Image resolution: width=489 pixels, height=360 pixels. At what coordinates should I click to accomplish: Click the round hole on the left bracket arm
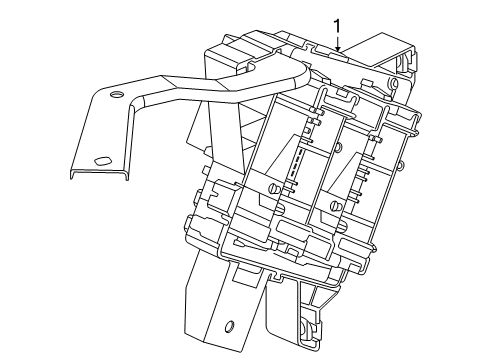pos(115,96)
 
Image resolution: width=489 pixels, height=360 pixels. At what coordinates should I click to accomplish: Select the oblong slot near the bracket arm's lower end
pos(100,161)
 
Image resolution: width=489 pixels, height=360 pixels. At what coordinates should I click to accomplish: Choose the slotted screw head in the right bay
pos(335,206)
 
